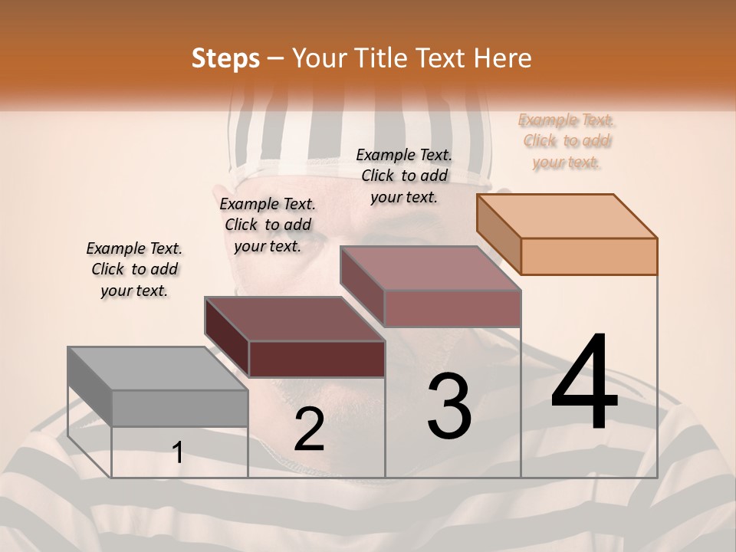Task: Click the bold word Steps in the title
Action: tap(225, 58)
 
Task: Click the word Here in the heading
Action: tap(503, 58)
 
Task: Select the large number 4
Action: tap(584, 383)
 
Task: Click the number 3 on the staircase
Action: tap(449, 406)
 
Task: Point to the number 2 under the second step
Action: tap(309, 429)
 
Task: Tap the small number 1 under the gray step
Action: tap(178, 452)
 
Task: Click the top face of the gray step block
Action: tap(157, 369)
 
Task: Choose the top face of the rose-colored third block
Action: tap(430, 268)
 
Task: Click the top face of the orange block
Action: tap(567, 216)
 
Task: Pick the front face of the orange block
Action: tap(589, 256)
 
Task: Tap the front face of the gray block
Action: tap(180, 408)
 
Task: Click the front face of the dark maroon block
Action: tap(317, 359)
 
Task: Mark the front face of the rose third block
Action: tap(452, 308)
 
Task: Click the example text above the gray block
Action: tap(134, 269)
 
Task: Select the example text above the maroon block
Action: tap(268, 225)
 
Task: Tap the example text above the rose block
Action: tap(404, 176)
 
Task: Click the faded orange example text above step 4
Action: tap(567, 141)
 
